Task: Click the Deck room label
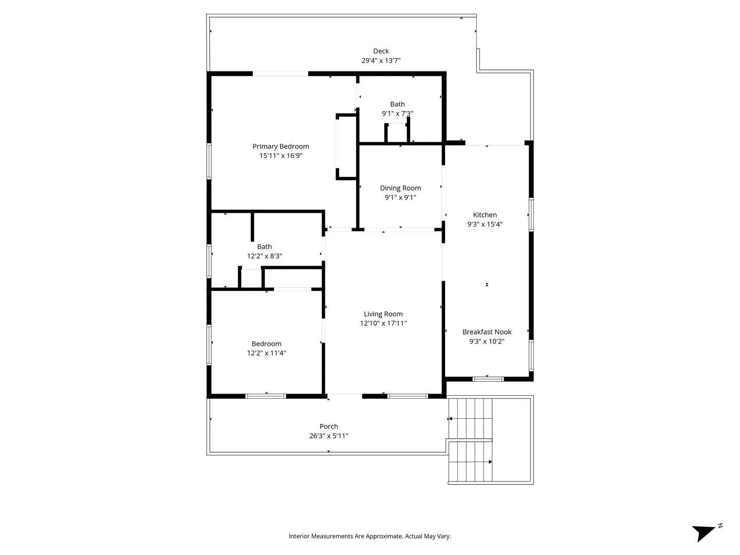[381, 51]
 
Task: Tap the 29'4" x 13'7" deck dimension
[381, 61]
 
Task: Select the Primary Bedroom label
[281, 146]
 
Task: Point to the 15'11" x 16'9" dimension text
[281, 156]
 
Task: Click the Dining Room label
[400, 188]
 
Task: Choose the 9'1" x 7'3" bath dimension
[397, 114]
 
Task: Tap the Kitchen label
[485, 215]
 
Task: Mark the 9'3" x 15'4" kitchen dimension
[485, 225]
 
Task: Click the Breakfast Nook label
[487, 332]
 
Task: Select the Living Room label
[383, 314]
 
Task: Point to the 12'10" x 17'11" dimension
[383, 324]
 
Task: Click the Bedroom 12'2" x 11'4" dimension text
[266, 353]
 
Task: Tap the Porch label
[328, 427]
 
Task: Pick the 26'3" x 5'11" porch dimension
[328, 436]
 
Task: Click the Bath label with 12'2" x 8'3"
[264, 247]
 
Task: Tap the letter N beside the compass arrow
[720, 525]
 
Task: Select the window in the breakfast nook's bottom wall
[488, 379]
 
